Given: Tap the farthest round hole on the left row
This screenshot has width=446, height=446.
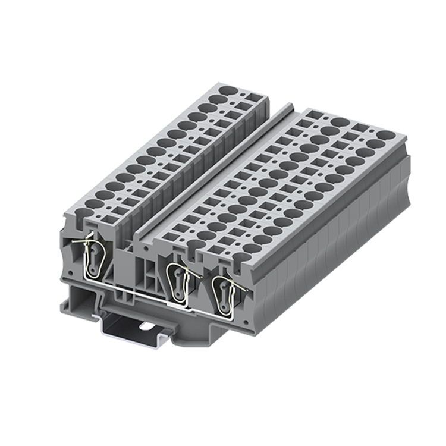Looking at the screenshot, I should [227, 91].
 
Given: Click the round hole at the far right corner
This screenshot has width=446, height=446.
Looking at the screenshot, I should [384, 135].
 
